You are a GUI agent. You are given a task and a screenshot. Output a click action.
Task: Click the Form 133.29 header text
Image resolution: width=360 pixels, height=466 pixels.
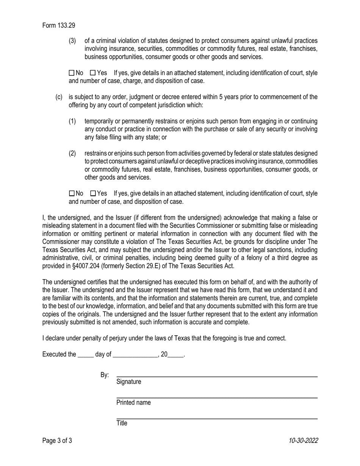tap(59, 26)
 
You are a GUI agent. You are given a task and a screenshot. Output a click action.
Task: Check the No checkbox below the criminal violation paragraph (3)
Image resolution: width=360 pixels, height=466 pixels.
tap(72, 73)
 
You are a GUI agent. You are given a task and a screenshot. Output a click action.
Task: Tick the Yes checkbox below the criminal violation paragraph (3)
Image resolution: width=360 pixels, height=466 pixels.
tap(93, 73)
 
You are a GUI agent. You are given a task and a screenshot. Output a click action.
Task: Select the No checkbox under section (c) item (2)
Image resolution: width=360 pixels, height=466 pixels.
tap(72, 194)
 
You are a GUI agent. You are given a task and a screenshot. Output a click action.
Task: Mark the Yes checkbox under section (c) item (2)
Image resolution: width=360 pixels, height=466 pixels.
tap(93, 194)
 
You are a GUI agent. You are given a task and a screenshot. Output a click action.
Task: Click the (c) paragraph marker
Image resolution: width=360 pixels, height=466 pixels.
tap(59, 97)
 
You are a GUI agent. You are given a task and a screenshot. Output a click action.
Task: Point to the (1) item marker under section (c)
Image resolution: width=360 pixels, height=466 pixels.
tap(72, 121)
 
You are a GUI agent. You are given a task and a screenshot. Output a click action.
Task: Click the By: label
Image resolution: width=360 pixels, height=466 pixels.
tap(105, 375)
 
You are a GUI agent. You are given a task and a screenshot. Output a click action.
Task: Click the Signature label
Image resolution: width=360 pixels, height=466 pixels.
tap(129, 382)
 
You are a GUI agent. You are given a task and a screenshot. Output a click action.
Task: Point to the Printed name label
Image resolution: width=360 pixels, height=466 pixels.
tap(133, 403)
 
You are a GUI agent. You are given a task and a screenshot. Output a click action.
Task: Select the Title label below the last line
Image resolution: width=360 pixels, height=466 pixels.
tap(122, 424)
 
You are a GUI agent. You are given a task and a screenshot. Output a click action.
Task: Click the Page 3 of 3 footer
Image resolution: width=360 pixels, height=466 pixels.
tap(57, 441)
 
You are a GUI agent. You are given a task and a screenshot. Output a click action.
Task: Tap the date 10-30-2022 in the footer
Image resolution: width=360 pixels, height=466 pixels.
tap(303, 441)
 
